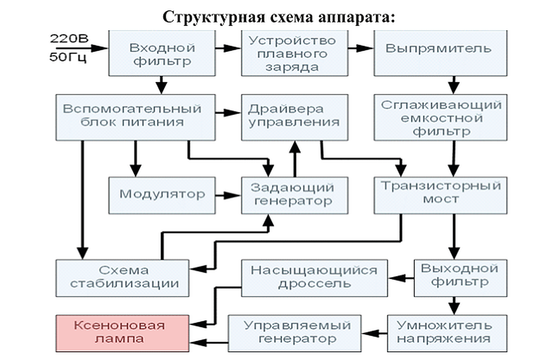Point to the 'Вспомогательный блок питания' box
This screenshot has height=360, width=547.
coord(136,117)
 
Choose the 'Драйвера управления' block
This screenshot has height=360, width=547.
coord(294,117)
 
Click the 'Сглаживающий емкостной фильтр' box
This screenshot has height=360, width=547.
coord(440,117)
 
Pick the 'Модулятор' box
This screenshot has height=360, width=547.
coord(162,195)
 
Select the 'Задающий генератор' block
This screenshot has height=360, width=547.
coord(294,195)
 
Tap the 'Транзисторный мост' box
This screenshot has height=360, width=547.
coord(440,195)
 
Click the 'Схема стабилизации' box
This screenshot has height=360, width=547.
coord(122,278)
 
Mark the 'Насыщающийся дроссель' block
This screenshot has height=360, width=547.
coord(314,278)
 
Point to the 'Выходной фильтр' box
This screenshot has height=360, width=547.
coord(460,278)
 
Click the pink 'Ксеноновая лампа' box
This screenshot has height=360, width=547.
coord(122,333)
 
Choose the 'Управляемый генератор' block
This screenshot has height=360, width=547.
coord(294,333)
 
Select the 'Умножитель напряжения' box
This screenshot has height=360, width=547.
coord(447,333)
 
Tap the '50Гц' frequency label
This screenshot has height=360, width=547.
coord(68,57)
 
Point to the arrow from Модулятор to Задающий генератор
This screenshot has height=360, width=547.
coord(228,195)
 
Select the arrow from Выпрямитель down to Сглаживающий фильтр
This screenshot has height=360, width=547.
coord(454,85)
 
